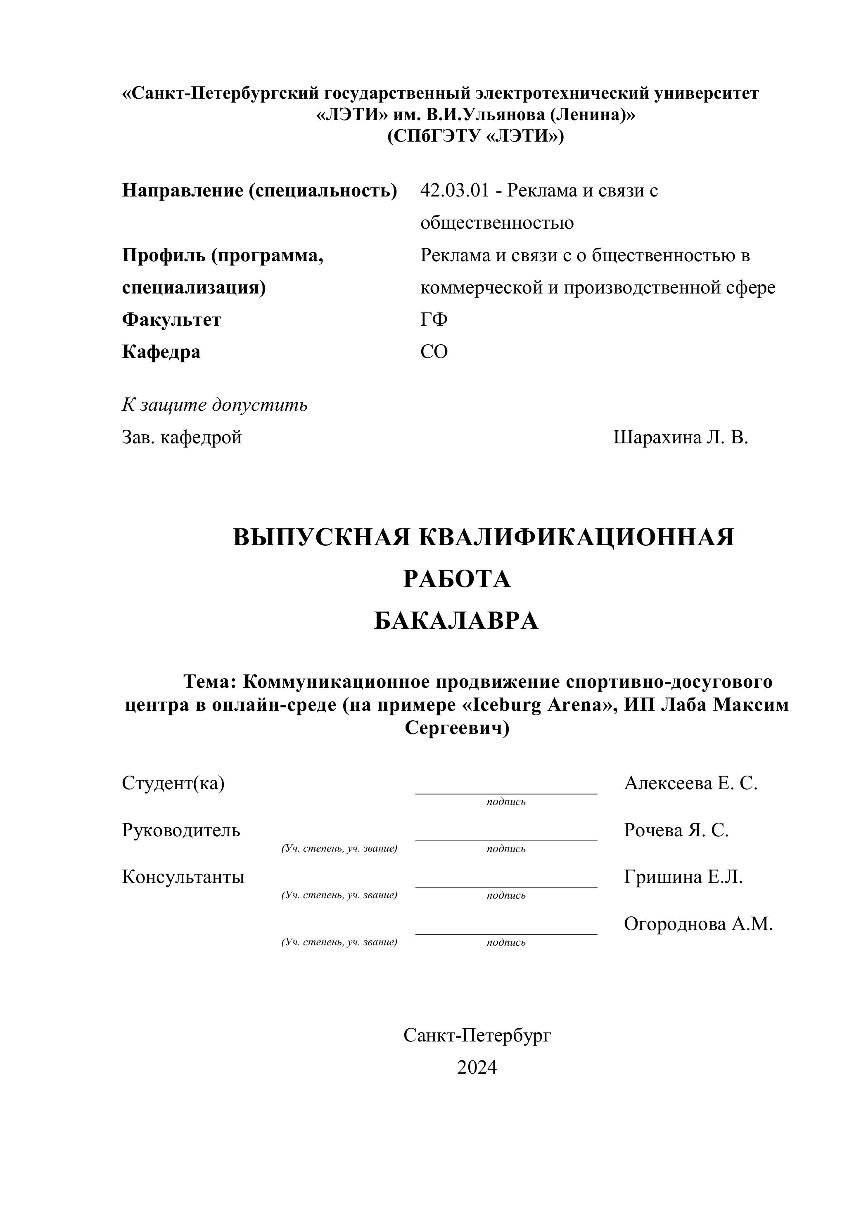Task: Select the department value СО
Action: tap(434, 352)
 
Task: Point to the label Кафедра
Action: tap(161, 352)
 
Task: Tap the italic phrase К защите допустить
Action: tap(215, 405)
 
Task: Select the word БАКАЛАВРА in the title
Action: tap(456, 621)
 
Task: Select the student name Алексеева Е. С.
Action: tap(690, 783)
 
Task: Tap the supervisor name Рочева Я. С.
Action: tap(676, 830)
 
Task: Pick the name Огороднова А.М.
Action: tap(698, 924)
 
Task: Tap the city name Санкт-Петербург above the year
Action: tap(477, 1035)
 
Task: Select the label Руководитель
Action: tap(181, 830)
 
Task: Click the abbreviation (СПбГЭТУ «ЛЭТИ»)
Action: tap(475, 137)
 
